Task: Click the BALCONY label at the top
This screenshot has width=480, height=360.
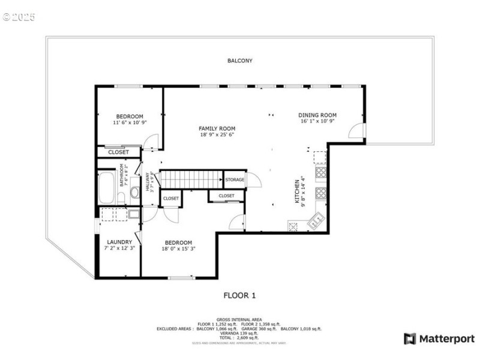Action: pyautogui.click(x=239, y=61)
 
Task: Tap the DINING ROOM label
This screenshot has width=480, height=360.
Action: pyautogui.click(x=317, y=115)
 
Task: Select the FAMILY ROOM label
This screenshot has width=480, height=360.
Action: pyautogui.click(x=217, y=128)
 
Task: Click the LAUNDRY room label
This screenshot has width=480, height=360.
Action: pyautogui.click(x=119, y=242)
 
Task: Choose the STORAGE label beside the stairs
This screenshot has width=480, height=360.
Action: pyautogui.click(x=235, y=179)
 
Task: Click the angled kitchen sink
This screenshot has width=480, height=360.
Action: pyautogui.click(x=316, y=221)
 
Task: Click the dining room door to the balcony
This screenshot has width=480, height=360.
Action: pyautogui.click(x=356, y=131)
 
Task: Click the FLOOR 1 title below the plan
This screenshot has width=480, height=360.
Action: pyautogui.click(x=239, y=295)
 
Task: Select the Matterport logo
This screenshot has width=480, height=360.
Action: pyautogui.click(x=439, y=339)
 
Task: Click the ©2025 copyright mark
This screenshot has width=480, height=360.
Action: pyautogui.click(x=19, y=17)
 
